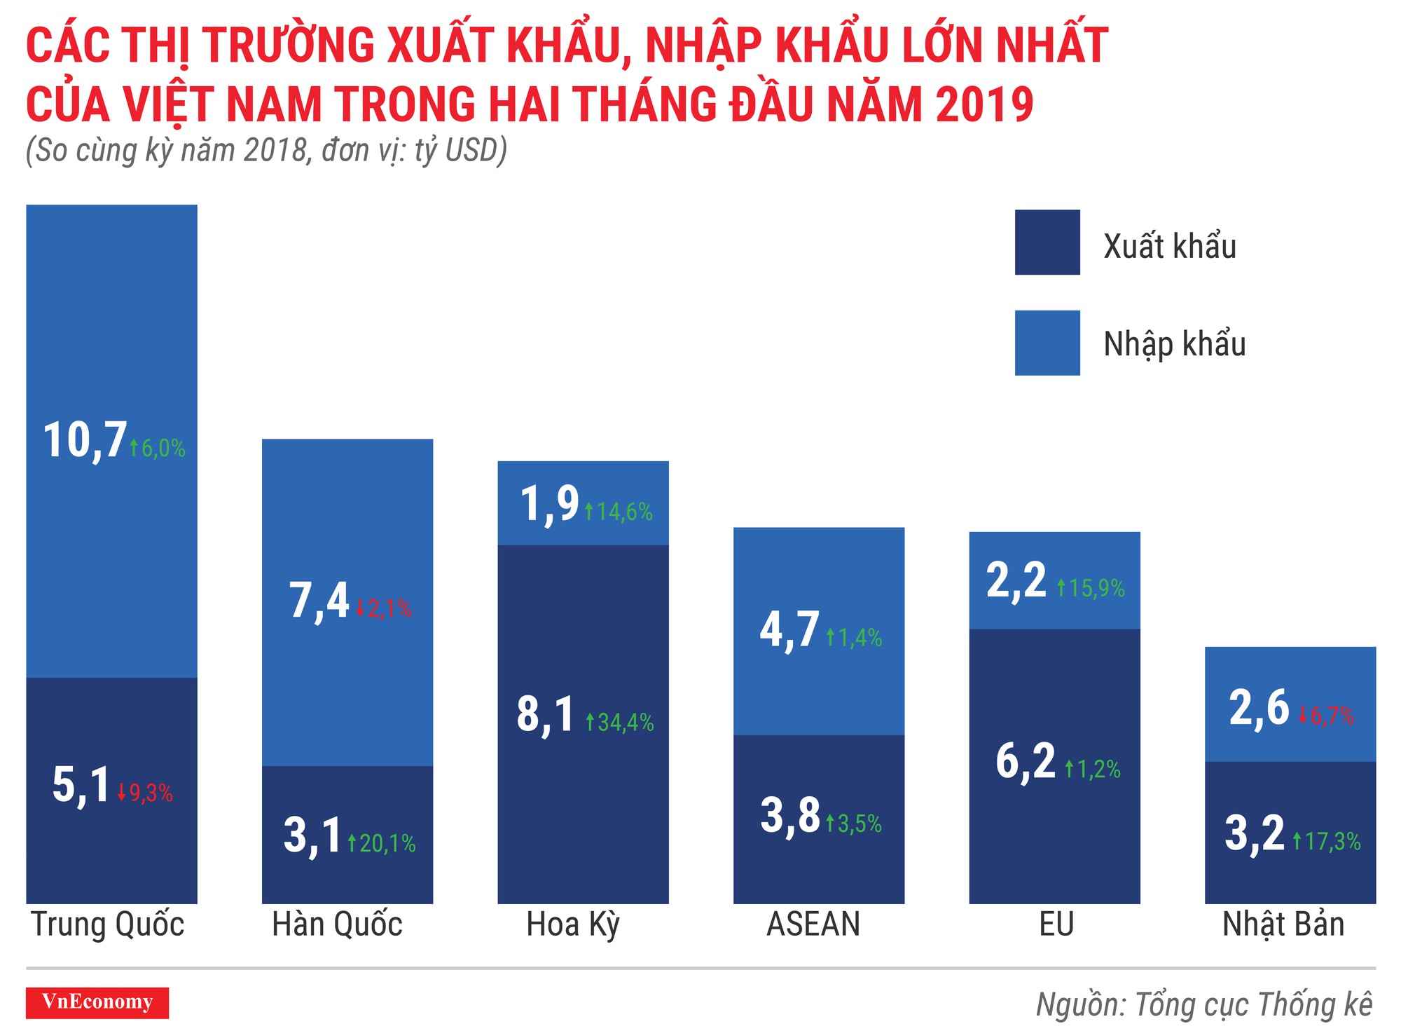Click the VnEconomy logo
click(x=97, y=1002)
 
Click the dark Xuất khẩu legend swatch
click(x=1047, y=243)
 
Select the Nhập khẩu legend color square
click(x=1047, y=343)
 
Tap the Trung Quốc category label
click(x=107, y=924)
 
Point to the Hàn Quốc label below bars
click(x=337, y=924)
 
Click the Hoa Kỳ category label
click(x=573, y=924)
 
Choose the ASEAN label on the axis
click(x=813, y=924)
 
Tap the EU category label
click(x=1056, y=924)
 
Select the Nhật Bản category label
click(x=1283, y=924)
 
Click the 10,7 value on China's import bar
click(x=85, y=442)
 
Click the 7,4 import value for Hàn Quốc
click(x=319, y=601)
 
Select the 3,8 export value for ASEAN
click(x=789, y=816)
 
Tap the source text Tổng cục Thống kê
click(x=1253, y=1004)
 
